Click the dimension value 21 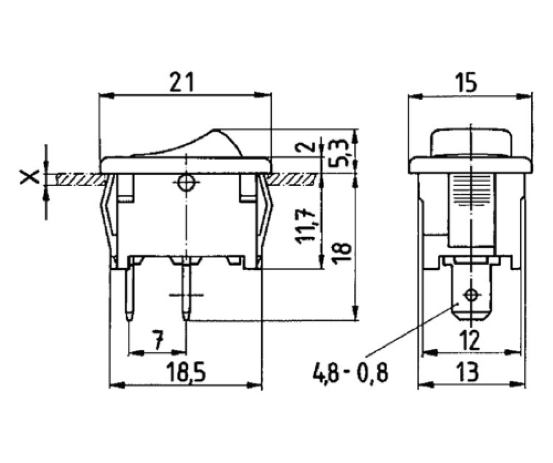point(182,82)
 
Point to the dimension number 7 point(158,340)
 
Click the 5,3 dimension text point(337,152)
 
